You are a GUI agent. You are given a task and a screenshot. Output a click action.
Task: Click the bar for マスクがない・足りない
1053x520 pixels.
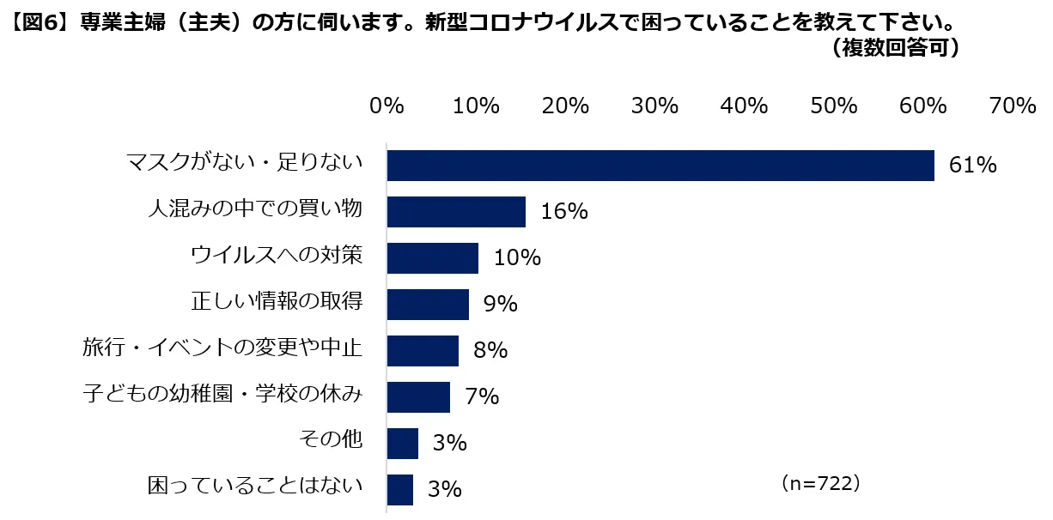660,166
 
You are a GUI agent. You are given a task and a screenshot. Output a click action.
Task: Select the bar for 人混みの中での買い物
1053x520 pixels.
456,212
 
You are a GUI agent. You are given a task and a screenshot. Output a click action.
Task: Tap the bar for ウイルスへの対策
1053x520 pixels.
432,258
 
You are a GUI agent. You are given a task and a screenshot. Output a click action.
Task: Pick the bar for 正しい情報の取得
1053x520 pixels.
428,305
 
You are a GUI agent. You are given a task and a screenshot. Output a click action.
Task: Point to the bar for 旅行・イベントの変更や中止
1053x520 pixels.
423,351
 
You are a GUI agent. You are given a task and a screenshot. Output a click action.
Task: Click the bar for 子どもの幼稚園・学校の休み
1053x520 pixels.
418,397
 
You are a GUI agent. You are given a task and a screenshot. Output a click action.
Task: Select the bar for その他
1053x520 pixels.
402,444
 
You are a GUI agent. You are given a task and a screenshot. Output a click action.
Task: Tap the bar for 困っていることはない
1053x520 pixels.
399,490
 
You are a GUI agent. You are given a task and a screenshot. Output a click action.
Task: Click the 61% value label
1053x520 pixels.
972,166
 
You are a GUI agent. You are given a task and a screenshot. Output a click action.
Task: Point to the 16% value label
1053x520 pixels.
564,212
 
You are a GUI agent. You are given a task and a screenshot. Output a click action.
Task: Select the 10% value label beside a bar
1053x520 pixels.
517,258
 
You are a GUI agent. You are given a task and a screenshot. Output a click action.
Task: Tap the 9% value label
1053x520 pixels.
499,305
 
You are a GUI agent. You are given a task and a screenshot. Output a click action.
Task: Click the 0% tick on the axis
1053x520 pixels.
387,106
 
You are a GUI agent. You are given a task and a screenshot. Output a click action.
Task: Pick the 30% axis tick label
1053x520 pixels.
654,106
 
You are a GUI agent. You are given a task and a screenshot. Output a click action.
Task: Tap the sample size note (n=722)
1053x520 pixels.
820,484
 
